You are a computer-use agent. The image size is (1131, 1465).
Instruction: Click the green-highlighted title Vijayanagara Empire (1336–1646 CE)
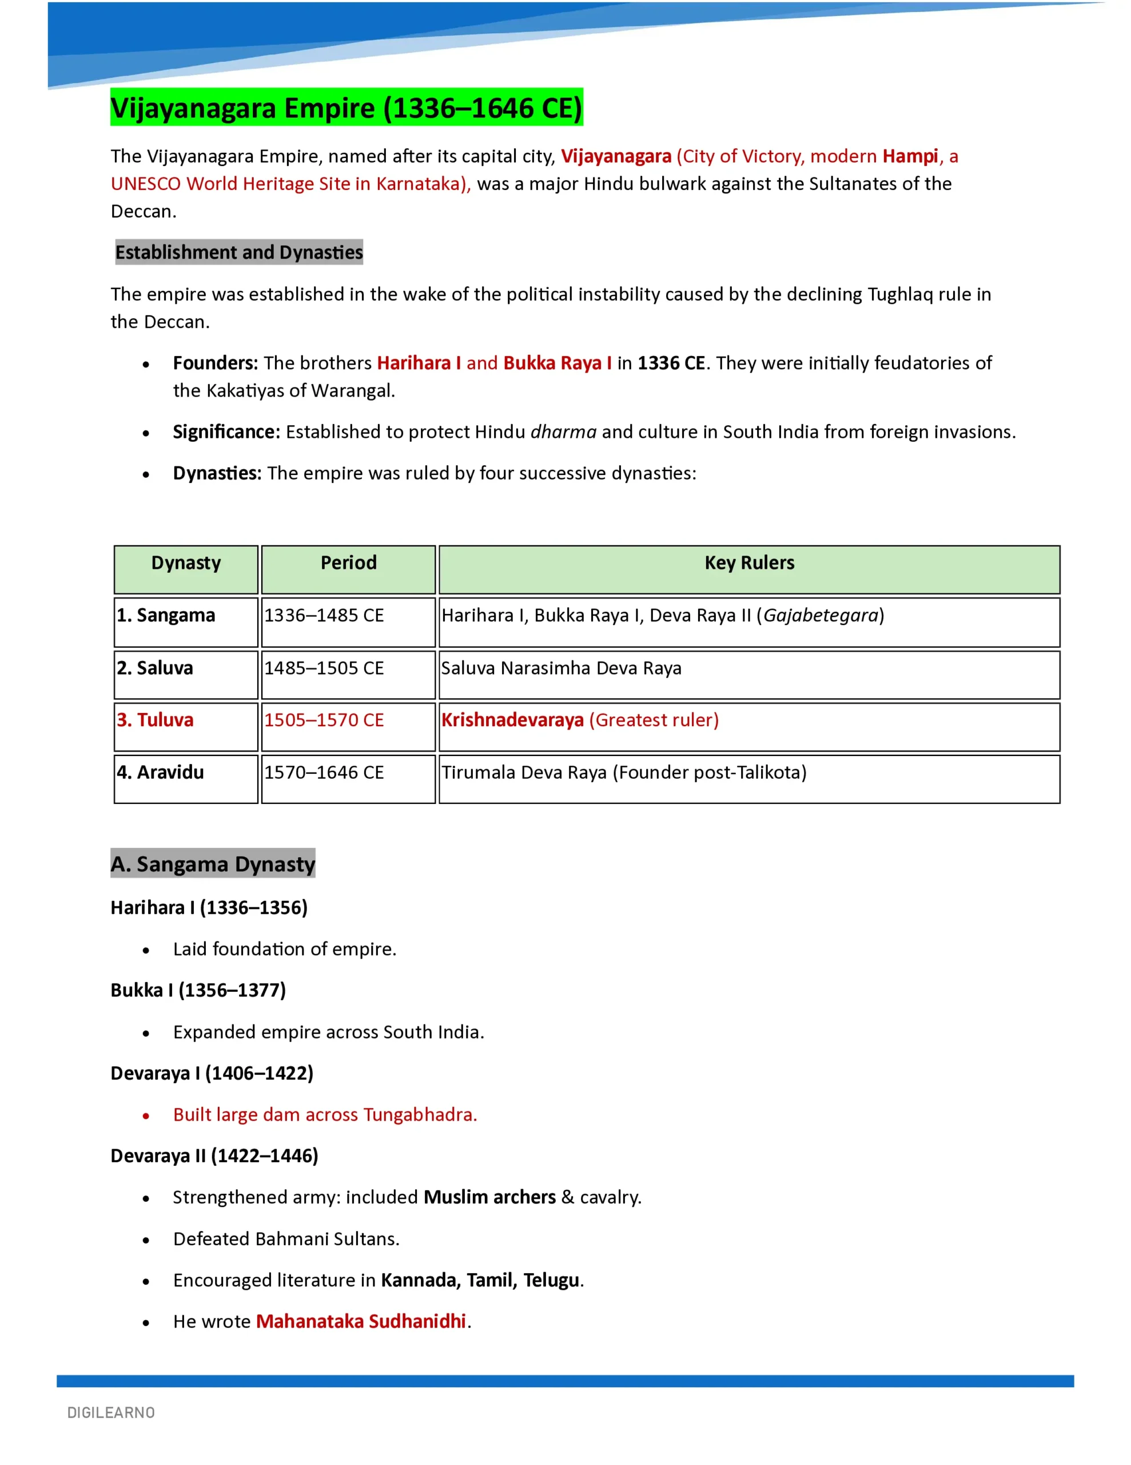(346, 108)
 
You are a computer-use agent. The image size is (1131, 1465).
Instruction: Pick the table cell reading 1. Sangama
(166, 616)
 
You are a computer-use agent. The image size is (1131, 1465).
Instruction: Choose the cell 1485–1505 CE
(324, 668)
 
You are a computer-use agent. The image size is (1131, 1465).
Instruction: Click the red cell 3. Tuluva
(156, 720)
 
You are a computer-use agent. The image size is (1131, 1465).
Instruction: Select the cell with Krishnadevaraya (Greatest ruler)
(580, 720)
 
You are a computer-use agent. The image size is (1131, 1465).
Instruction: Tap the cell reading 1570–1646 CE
(324, 773)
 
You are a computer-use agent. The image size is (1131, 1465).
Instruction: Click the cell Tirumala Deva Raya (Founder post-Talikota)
(623, 773)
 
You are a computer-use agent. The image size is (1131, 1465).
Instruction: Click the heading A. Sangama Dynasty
(213, 864)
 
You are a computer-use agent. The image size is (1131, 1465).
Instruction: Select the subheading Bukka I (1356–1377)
(198, 990)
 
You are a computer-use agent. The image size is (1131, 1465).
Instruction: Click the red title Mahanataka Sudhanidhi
(361, 1321)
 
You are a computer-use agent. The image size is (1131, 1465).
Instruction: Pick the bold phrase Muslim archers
(489, 1197)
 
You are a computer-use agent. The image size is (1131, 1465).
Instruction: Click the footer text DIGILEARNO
(111, 1413)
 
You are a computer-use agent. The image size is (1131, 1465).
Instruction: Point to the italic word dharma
(563, 432)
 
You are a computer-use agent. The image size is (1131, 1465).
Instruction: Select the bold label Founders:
(215, 363)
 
